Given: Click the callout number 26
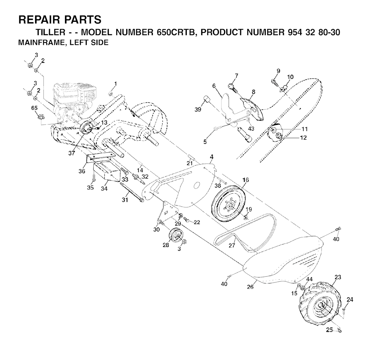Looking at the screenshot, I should (x=250, y=286).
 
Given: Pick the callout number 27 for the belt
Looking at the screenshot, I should (x=232, y=245).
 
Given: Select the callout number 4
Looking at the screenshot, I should (x=212, y=157).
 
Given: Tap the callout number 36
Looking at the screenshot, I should (x=82, y=171).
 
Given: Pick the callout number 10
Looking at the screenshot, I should (x=291, y=77).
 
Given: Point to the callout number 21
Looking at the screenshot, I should (x=190, y=163).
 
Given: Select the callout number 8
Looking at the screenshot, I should (x=253, y=91).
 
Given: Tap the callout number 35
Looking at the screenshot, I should (x=90, y=187).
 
